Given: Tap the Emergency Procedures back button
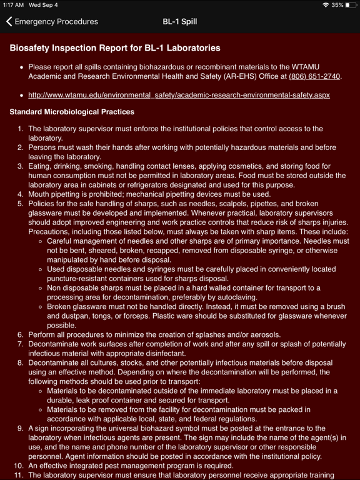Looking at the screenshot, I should coord(52,21).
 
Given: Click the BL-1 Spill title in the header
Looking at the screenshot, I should coord(180,21).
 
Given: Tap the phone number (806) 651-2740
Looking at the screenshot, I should coord(314,76).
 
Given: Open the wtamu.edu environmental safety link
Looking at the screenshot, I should coord(179,95).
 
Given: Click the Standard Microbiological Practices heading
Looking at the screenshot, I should coord(72,112).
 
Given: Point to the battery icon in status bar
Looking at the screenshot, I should coord(351,5).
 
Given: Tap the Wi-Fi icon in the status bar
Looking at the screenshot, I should coord(326,5).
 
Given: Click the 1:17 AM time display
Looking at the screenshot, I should coord(14,5).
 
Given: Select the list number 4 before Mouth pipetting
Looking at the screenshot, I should coord(20,194).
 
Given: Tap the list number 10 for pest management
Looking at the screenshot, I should coord(19,466).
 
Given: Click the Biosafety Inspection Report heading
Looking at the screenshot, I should coord(115,48).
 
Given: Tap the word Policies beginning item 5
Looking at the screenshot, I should coord(44,204).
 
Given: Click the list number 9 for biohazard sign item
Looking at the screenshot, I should coord(20,428).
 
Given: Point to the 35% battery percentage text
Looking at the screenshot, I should coord(337,5).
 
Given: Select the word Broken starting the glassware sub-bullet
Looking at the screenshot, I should coord(61,307).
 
